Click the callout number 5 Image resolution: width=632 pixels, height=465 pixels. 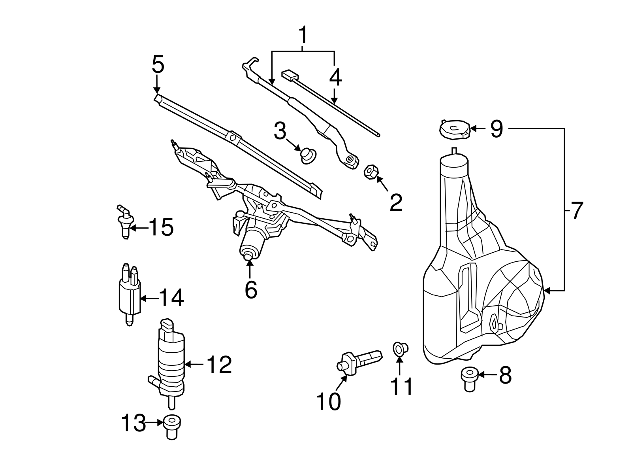(x=158, y=64)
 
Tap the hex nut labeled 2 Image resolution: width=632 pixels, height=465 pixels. (x=371, y=172)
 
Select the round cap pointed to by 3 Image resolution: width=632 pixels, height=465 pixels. (x=308, y=155)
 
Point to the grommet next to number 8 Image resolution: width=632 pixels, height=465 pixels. (x=469, y=378)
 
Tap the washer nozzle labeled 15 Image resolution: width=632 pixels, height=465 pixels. (x=124, y=222)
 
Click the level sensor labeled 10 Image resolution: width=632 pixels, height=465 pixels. (x=359, y=360)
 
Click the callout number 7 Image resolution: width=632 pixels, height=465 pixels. (x=576, y=211)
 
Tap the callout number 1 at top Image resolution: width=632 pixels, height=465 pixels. (x=303, y=36)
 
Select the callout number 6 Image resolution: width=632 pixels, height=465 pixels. (x=251, y=290)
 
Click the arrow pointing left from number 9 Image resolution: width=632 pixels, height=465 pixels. (x=478, y=129)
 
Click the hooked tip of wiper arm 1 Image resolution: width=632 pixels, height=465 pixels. (x=250, y=62)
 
